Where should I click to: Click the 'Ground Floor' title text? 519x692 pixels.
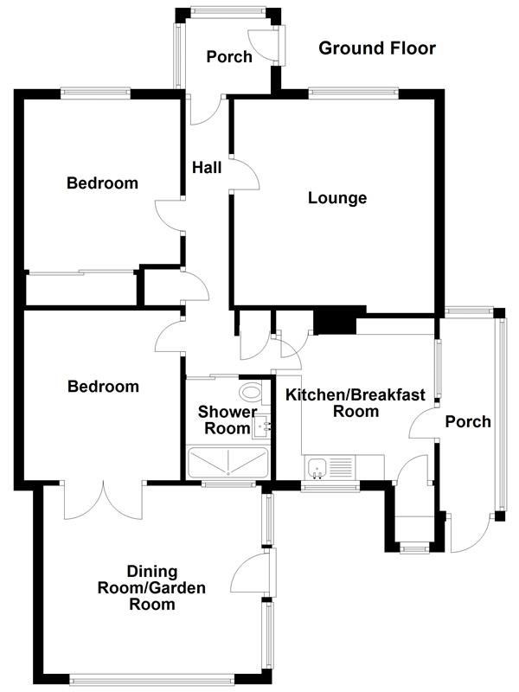coord(377,48)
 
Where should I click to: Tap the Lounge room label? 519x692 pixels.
coord(337,198)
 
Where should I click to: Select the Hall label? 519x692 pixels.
coord(207,167)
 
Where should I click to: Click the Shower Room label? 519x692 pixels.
coord(227,420)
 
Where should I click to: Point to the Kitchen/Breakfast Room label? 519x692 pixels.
coord(356,403)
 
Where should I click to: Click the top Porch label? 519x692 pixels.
coord(229,57)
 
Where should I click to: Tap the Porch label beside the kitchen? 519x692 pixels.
coord(467,422)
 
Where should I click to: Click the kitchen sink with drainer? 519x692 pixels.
coord(329,467)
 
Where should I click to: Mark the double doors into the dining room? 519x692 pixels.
coord(102,500)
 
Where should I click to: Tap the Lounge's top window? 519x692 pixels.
coord(353,90)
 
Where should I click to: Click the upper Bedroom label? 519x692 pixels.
coord(102,183)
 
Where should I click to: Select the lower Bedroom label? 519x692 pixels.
coord(102,387)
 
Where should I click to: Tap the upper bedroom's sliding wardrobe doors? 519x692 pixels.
coord(82,273)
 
